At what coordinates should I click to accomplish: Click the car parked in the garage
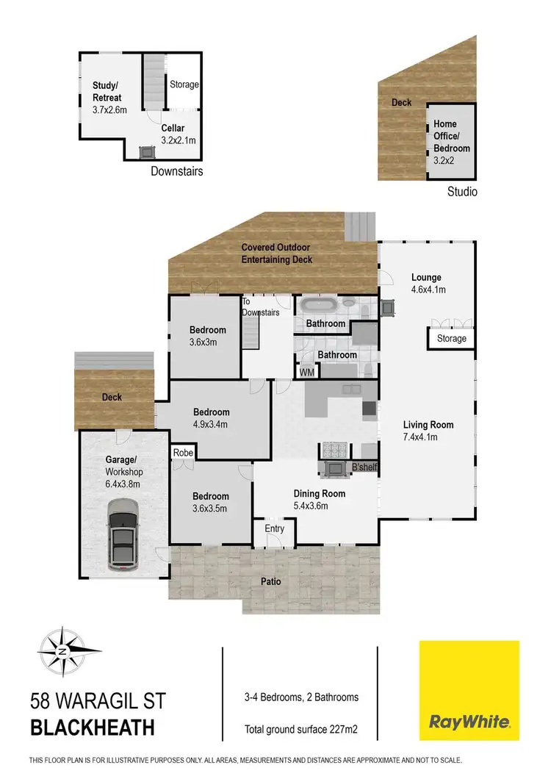123,535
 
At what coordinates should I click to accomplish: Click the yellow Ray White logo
469,690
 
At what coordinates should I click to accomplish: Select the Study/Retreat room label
107,91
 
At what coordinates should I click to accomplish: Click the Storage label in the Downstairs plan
184,85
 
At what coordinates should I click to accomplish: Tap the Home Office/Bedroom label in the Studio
451,137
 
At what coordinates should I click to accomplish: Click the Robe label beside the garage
183,453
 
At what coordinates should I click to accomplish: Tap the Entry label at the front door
274,529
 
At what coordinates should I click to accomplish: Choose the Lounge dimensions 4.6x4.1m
428,290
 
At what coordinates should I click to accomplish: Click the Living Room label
428,425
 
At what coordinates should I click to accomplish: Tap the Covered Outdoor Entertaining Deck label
277,254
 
